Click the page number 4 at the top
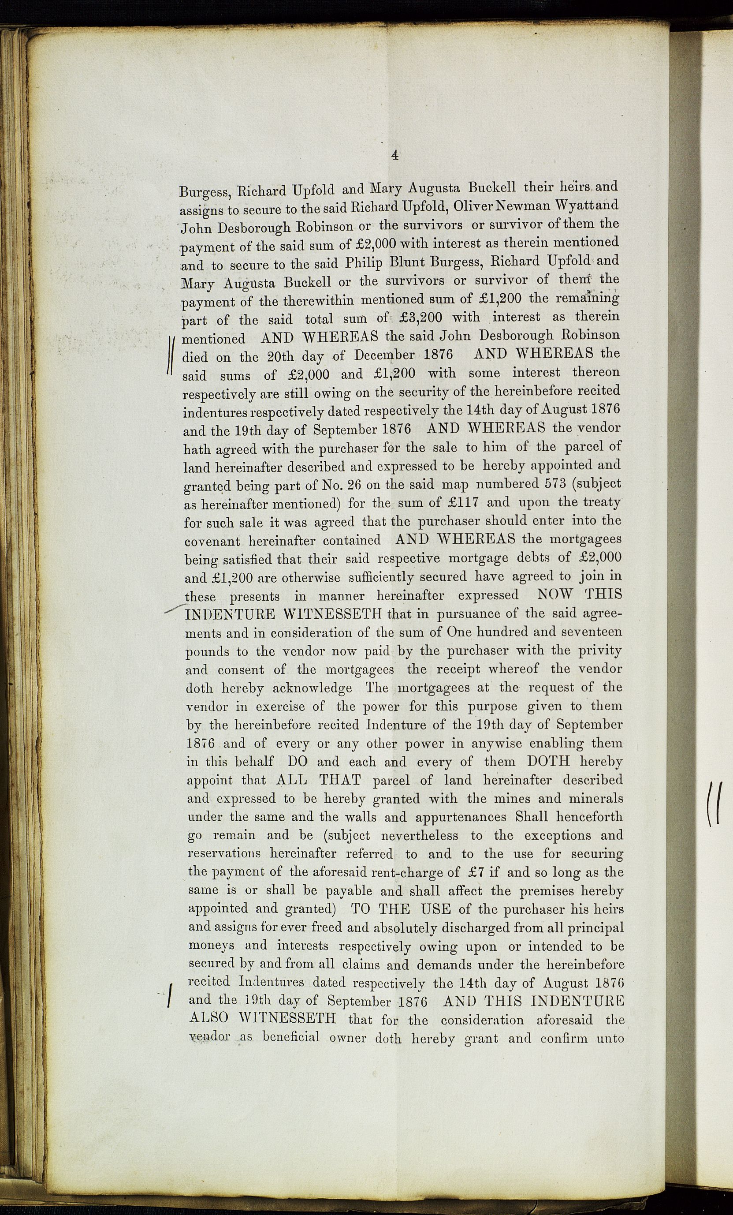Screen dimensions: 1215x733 [x=394, y=155]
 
